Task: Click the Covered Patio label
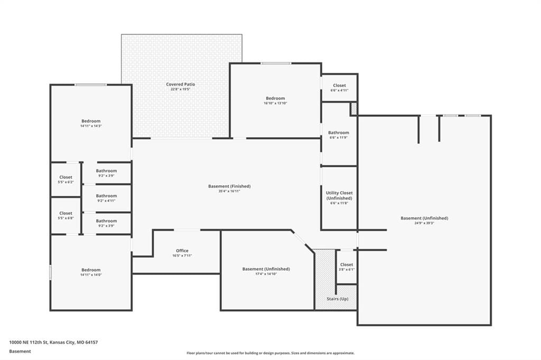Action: (x=181, y=84)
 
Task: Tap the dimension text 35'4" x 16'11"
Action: (x=229, y=191)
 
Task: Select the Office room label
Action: (x=182, y=251)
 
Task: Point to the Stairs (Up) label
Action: (x=338, y=299)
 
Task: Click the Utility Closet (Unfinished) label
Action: (x=339, y=195)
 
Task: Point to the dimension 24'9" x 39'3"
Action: (x=424, y=223)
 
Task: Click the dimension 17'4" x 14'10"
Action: (x=266, y=274)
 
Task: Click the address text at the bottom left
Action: (x=53, y=343)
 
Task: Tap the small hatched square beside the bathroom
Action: (x=353, y=109)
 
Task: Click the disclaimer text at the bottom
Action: (x=270, y=353)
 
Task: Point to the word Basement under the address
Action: (x=20, y=352)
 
